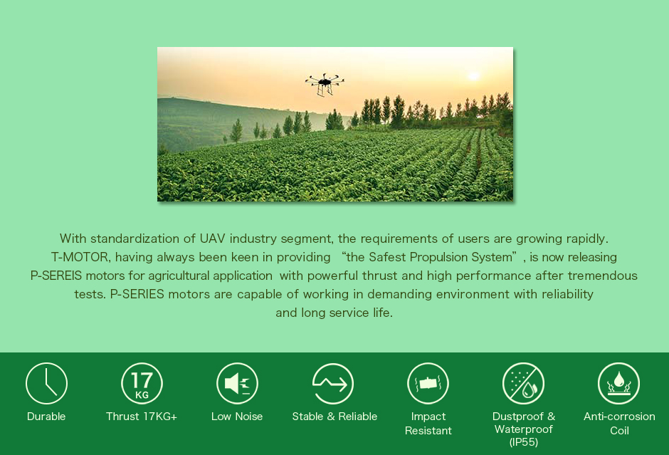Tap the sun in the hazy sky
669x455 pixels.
[x=473, y=76]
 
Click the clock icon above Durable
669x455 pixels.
[x=46, y=383]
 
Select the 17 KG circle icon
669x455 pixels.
[x=142, y=383]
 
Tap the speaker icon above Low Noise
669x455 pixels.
[x=237, y=383]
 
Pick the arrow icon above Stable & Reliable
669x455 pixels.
[x=333, y=384]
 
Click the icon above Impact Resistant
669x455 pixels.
[x=428, y=383]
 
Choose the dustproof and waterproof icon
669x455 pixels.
[x=524, y=383]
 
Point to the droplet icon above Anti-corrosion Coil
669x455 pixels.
[x=618, y=383]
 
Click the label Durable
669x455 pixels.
[x=46, y=417]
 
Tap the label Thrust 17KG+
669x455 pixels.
[x=142, y=417]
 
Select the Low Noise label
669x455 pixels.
[x=237, y=417]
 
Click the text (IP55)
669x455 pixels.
[x=524, y=442]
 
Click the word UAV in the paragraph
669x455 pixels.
[x=212, y=239]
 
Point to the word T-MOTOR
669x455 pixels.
[x=81, y=257]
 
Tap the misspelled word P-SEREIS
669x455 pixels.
[x=56, y=276]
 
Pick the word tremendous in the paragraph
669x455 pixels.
[x=602, y=276]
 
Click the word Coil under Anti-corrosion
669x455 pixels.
[x=619, y=431]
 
